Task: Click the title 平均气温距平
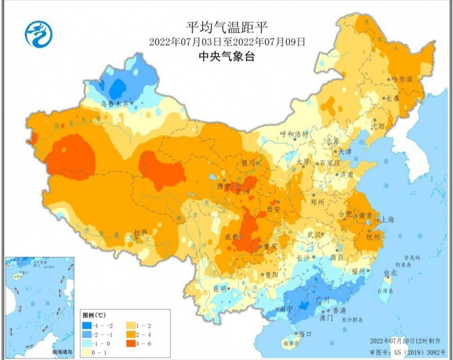226,26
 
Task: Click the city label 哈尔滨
403,80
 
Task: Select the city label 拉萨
140,233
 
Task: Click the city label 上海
388,218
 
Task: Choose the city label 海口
305,335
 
